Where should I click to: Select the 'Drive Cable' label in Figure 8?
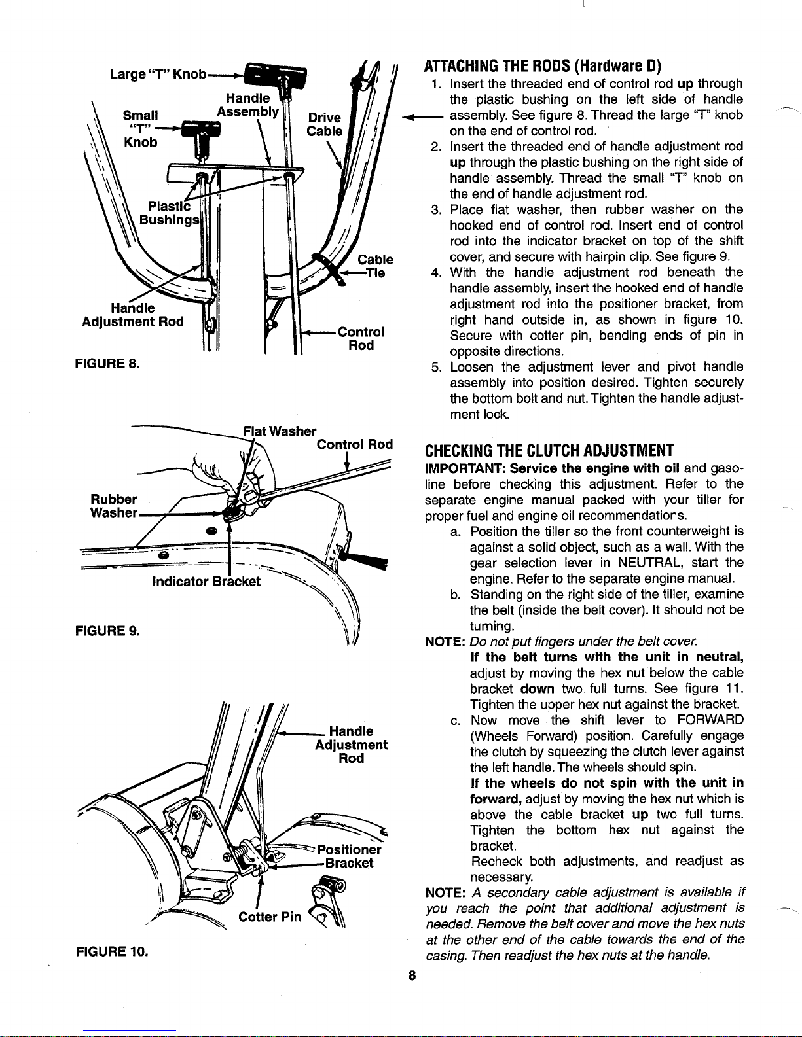[325, 124]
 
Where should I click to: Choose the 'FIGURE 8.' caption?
[107, 364]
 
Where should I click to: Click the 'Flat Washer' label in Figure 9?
[280, 431]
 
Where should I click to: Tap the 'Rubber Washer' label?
[114, 506]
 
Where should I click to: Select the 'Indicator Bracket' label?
[206, 581]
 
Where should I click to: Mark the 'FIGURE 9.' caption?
[107, 631]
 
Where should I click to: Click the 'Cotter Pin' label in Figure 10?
[270, 917]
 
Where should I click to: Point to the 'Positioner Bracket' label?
[349, 856]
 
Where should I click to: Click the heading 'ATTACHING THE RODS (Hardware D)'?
[543, 66]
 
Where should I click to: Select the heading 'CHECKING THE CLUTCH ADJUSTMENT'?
[549, 451]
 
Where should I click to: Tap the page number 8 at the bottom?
[412, 975]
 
